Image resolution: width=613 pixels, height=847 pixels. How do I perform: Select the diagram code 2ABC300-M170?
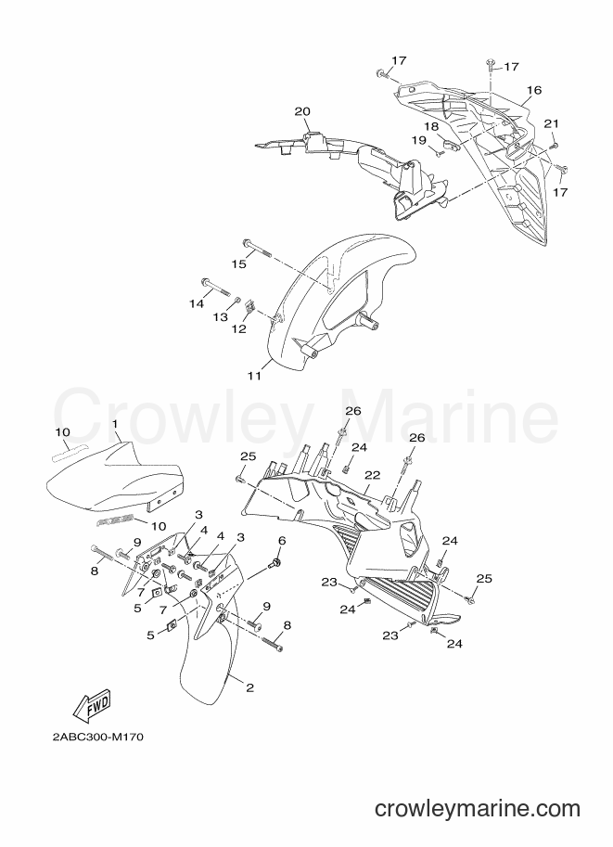pyautogui.click(x=98, y=738)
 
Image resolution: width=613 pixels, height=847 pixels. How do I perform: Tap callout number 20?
pyautogui.click(x=302, y=112)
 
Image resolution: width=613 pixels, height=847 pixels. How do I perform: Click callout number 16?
pyautogui.click(x=534, y=90)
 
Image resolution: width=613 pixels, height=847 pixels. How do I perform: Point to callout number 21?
pyautogui.click(x=552, y=123)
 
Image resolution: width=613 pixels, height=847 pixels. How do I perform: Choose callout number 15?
pyautogui.click(x=238, y=264)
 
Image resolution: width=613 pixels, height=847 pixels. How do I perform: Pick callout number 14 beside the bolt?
pyautogui.click(x=197, y=303)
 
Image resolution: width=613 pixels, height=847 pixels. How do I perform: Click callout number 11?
pyautogui.click(x=254, y=376)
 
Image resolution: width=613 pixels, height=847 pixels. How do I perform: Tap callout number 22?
pyautogui.click(x=373, y=475)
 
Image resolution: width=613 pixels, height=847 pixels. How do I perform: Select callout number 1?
pyautogui.click(x=114, y=424)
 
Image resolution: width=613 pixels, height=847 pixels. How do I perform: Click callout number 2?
pyautogui.click(x=249, y=687)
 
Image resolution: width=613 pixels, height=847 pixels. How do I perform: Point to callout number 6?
pyautogui.click(x=281, y=541)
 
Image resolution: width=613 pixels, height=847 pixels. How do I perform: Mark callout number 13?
pyautogui.click(x=221, y=317)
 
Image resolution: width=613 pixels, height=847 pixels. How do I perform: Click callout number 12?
pyautogui.click(x=239, y=328)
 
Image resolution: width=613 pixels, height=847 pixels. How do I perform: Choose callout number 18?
pyautogui.click(x=431, y=126)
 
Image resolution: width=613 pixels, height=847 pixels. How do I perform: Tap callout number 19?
pyautogui.click(x=418, y=140)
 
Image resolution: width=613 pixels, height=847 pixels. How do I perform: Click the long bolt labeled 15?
pyautogui.click(x=257, y=248)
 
